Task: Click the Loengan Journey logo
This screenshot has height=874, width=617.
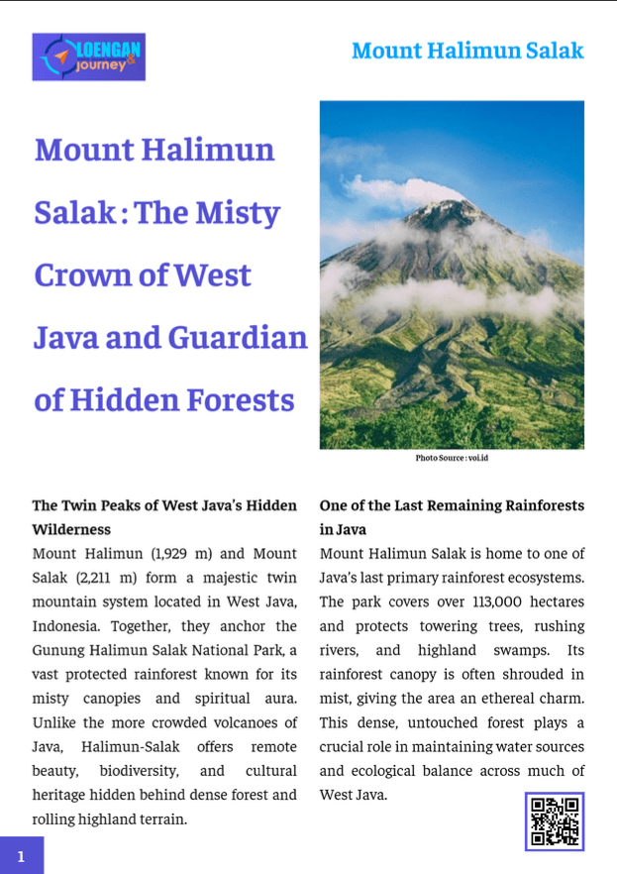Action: [88, 56]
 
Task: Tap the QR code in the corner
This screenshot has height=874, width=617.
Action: [555, 820]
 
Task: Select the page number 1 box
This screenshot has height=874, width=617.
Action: [21, 856]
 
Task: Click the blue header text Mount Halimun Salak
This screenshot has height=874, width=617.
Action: [467, 51]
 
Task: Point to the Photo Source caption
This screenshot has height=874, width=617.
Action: [452, 458]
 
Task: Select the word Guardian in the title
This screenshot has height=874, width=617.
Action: [238, 338]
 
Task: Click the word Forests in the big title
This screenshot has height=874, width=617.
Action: [238, 400]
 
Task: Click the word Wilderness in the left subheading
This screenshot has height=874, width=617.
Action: [71, 529]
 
